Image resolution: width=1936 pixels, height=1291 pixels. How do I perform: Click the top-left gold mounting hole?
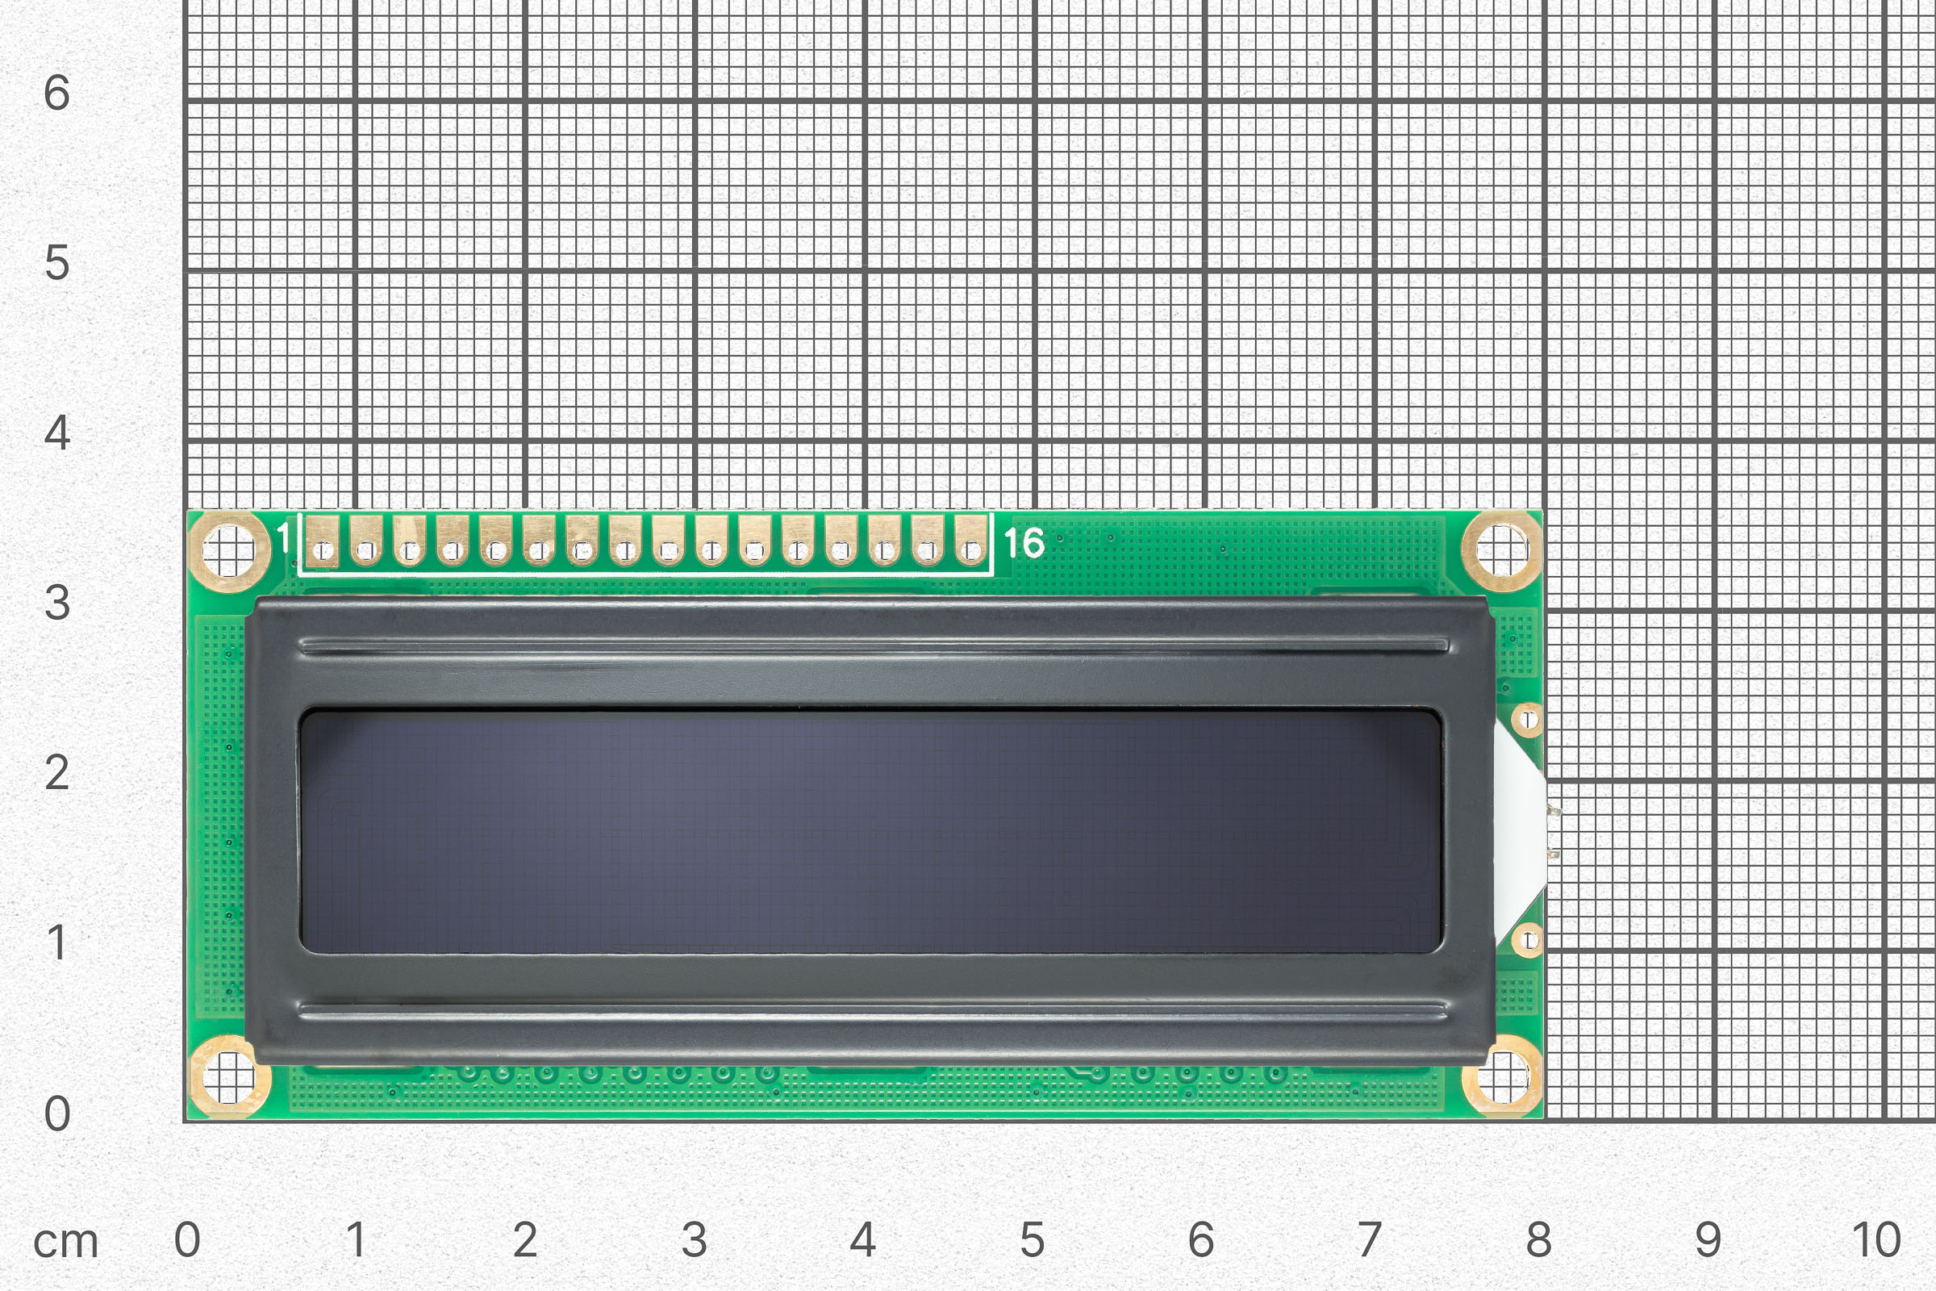click(229, 551)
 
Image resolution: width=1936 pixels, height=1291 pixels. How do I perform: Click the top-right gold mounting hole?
click(1501, 551)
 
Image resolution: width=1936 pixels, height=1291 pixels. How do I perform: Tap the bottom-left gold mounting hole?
click(229, 1077)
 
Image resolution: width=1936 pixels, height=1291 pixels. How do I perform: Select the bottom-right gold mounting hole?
click(1501, 1077)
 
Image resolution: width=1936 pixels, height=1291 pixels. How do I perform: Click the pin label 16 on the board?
click(1024, 543)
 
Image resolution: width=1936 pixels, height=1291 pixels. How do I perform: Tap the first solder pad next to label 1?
click(323, 542)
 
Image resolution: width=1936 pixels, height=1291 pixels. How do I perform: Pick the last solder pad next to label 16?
click(970, 542)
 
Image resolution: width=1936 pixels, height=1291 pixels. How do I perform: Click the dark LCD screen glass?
click(870, 832)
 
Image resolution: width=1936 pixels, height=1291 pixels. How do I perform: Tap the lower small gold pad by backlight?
click(1528, 939)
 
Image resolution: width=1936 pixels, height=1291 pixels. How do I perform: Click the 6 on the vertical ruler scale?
click(56, 93)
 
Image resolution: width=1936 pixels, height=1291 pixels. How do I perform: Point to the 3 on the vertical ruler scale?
click(56, 604)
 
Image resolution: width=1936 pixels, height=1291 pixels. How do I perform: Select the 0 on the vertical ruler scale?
click(56, 1114)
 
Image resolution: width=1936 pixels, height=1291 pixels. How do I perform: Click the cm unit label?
click(66, 1242)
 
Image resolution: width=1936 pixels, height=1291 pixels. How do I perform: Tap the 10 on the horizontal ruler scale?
click(1877, 1240)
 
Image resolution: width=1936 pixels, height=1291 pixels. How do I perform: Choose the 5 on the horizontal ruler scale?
click(1033, 1240)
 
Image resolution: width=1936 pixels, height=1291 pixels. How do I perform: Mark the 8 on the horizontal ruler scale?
click(1539, 1240)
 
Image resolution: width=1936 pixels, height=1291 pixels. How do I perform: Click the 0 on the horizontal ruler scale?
click(187, 1240)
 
